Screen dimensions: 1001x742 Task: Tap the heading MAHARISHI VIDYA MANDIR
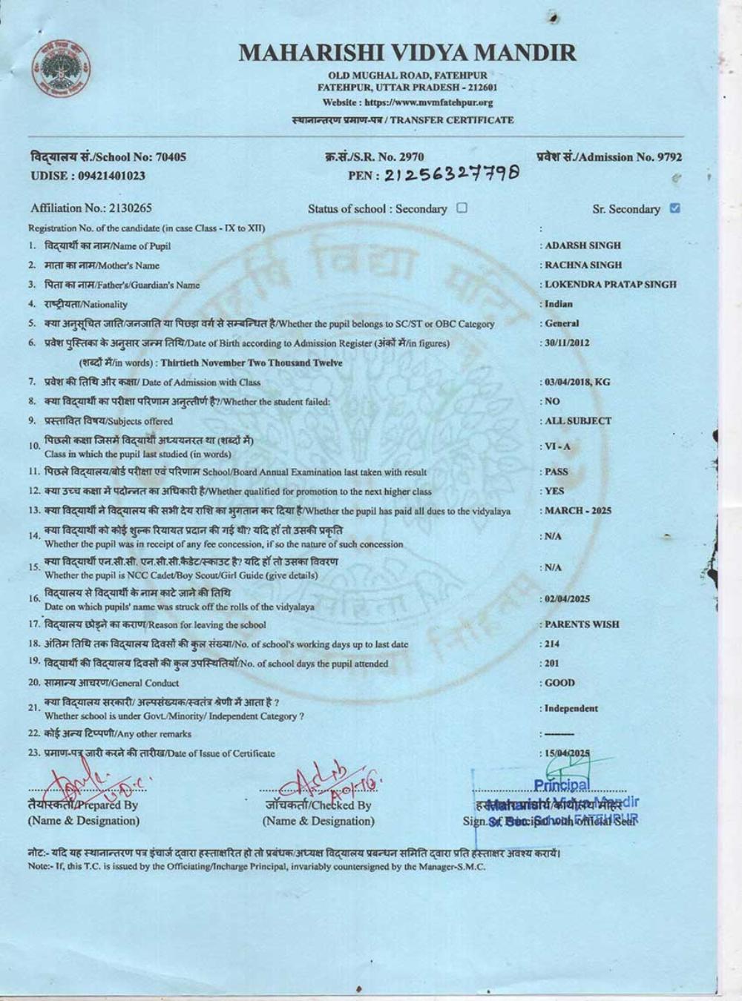407,53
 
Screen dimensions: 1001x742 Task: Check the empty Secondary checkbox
462,208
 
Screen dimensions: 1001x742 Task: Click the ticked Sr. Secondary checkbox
674,208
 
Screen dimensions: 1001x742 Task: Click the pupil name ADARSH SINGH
582,245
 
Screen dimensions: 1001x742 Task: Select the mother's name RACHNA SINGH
583,265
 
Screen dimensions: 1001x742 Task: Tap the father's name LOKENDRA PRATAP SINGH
610,284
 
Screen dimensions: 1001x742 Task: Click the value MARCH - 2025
578,511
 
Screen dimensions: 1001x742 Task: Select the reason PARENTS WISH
582,624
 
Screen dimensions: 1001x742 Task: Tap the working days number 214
552,644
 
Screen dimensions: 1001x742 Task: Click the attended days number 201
552,664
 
